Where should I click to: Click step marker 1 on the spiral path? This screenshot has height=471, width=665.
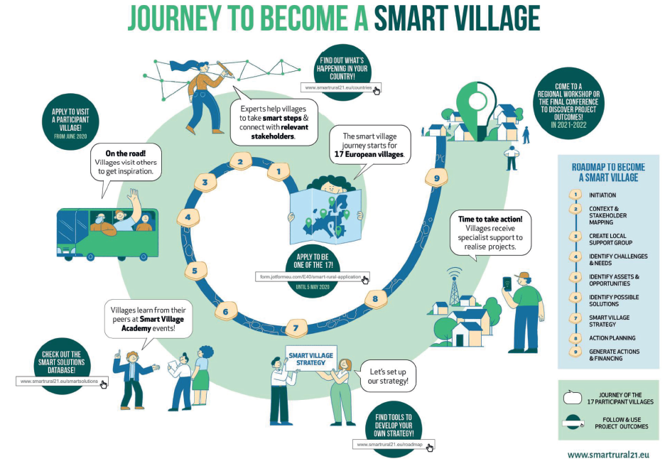point(279,172)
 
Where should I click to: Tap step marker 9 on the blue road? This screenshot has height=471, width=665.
point(436,178)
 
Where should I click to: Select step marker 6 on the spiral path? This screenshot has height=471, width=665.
point(226,312)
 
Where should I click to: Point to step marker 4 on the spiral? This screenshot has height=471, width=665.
point(188,217)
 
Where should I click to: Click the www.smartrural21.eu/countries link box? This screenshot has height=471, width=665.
point(341,87)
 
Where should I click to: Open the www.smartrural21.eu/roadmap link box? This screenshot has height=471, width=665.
point(394,444)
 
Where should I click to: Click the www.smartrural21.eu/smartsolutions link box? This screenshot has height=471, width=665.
point(62,381)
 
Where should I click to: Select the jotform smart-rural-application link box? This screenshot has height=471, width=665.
point(313,277)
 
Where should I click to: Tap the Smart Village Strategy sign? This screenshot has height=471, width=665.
point(311,359)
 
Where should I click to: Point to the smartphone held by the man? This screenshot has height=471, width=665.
point(507,283)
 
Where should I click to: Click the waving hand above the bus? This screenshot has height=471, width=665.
point(134,196)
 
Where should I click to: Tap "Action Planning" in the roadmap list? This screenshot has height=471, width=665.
point(612,338)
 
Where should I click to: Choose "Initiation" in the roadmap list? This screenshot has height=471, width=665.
point(602,195)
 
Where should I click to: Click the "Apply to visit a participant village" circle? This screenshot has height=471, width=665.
point(70,122)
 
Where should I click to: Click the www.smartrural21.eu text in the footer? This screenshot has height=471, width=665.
point(608,455)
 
